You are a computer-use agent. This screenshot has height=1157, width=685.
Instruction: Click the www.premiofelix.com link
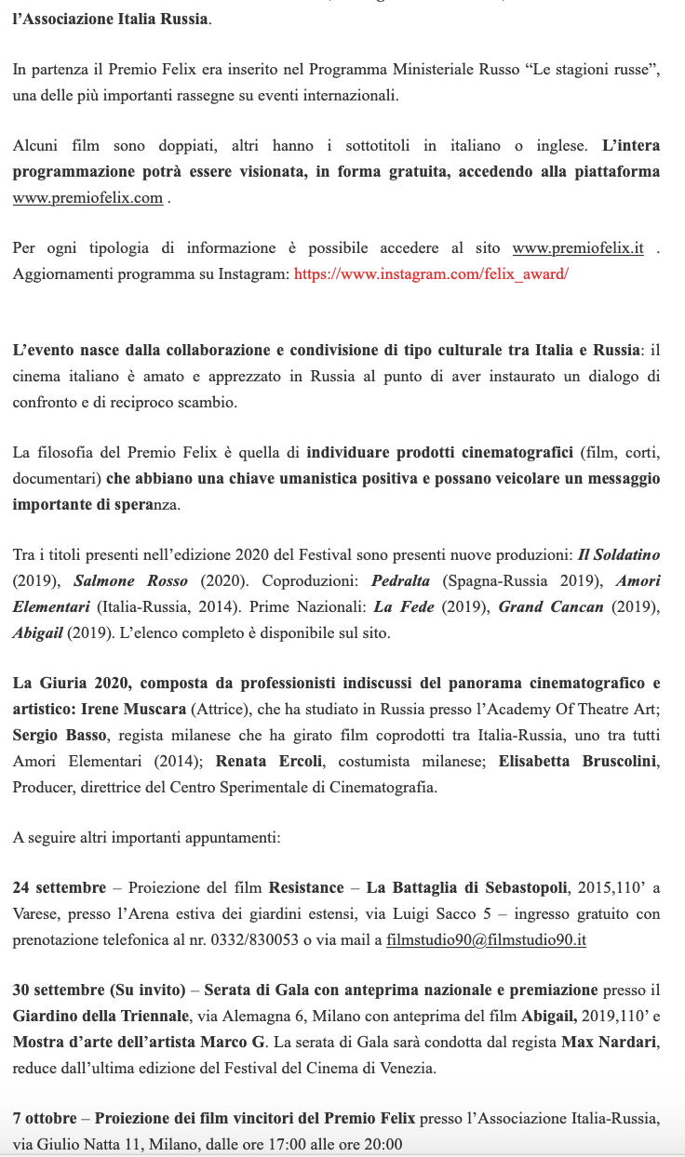87,198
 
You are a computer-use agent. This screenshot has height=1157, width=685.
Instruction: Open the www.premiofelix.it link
578,248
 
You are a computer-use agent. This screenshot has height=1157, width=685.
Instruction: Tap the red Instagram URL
431,274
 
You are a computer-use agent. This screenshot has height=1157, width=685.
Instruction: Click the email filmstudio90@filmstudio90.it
486,939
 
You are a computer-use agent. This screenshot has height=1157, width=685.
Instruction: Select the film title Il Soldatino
619,554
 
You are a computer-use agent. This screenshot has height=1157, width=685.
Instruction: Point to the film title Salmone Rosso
131,580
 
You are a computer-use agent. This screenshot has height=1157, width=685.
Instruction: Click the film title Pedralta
403,580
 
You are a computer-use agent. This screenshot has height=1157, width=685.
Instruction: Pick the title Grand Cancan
544,606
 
